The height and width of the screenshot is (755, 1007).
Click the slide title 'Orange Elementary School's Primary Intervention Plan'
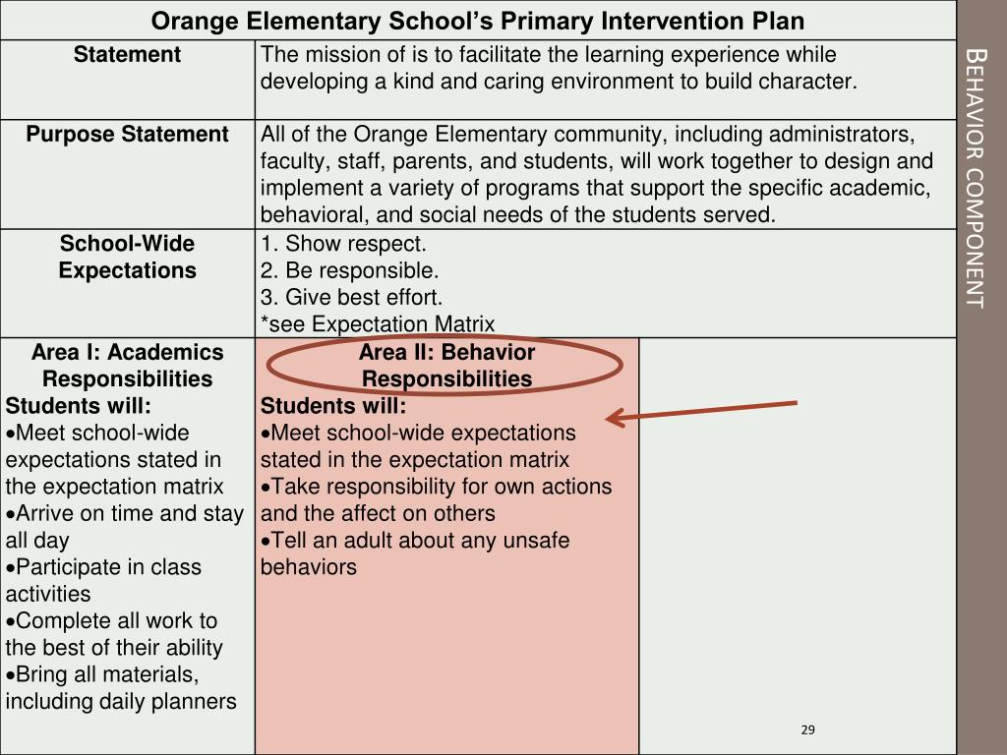pyautogui.click(x=478, y=21)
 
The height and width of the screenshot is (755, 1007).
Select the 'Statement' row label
pyautogui.click(x=127, y=55)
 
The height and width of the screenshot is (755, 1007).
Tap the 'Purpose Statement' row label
pyautogui.click(x=127, y=135)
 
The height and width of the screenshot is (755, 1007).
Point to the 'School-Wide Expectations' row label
pyautogui.click(x=127, y=257)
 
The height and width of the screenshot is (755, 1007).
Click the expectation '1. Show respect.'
pyautogui.click(x=343, y=244)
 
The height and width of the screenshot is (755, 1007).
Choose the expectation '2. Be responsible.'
pyautogui.click(x=349, y=270)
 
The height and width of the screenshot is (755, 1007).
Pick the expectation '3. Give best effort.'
pyautogui.click(x=351, y=297)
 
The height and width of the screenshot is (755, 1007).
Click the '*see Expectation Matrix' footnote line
pyautogui.click(x=378, y=323)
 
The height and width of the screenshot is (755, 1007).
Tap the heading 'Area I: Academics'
pyautogui.click(x=127, y=352)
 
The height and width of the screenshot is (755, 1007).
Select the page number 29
pyautogui.click(x=808, y=729)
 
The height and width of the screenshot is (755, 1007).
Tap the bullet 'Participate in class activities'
pyautogui.click(x=103, y=580)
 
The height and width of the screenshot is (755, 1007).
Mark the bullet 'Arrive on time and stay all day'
pyautogui.click(x=124, y=526)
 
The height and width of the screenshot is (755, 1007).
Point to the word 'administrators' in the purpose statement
pyautogui.click(x=845, y=135)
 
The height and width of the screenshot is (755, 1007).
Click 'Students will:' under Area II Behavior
pyautogui.click(x=332, y=406)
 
